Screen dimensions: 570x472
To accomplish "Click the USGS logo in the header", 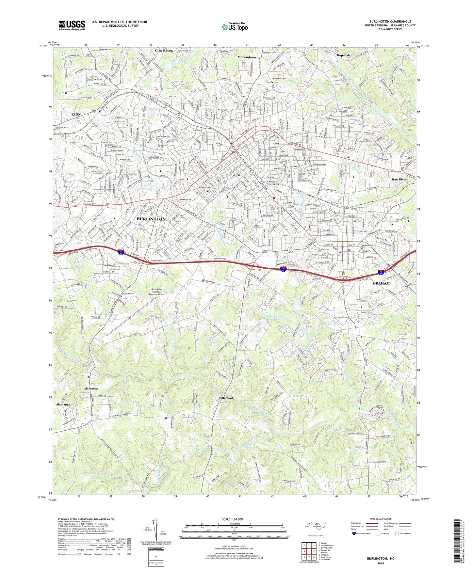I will [x=72, y=25].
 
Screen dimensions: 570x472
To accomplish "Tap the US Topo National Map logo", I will [x=235, y=27].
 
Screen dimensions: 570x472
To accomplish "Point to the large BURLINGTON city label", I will [x=151, y=219].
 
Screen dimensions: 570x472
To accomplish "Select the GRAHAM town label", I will [x=381, y=283].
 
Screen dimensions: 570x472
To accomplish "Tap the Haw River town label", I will [x=399, y=180].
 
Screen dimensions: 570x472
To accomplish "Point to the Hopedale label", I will [x=344, y=55].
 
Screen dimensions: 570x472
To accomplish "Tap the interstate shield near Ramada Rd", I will [x=121, y=252].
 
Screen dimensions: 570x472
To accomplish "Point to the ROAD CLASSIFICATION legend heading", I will [x=380, y=519].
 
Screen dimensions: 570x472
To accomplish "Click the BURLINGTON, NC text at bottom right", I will [x=380, y=559].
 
